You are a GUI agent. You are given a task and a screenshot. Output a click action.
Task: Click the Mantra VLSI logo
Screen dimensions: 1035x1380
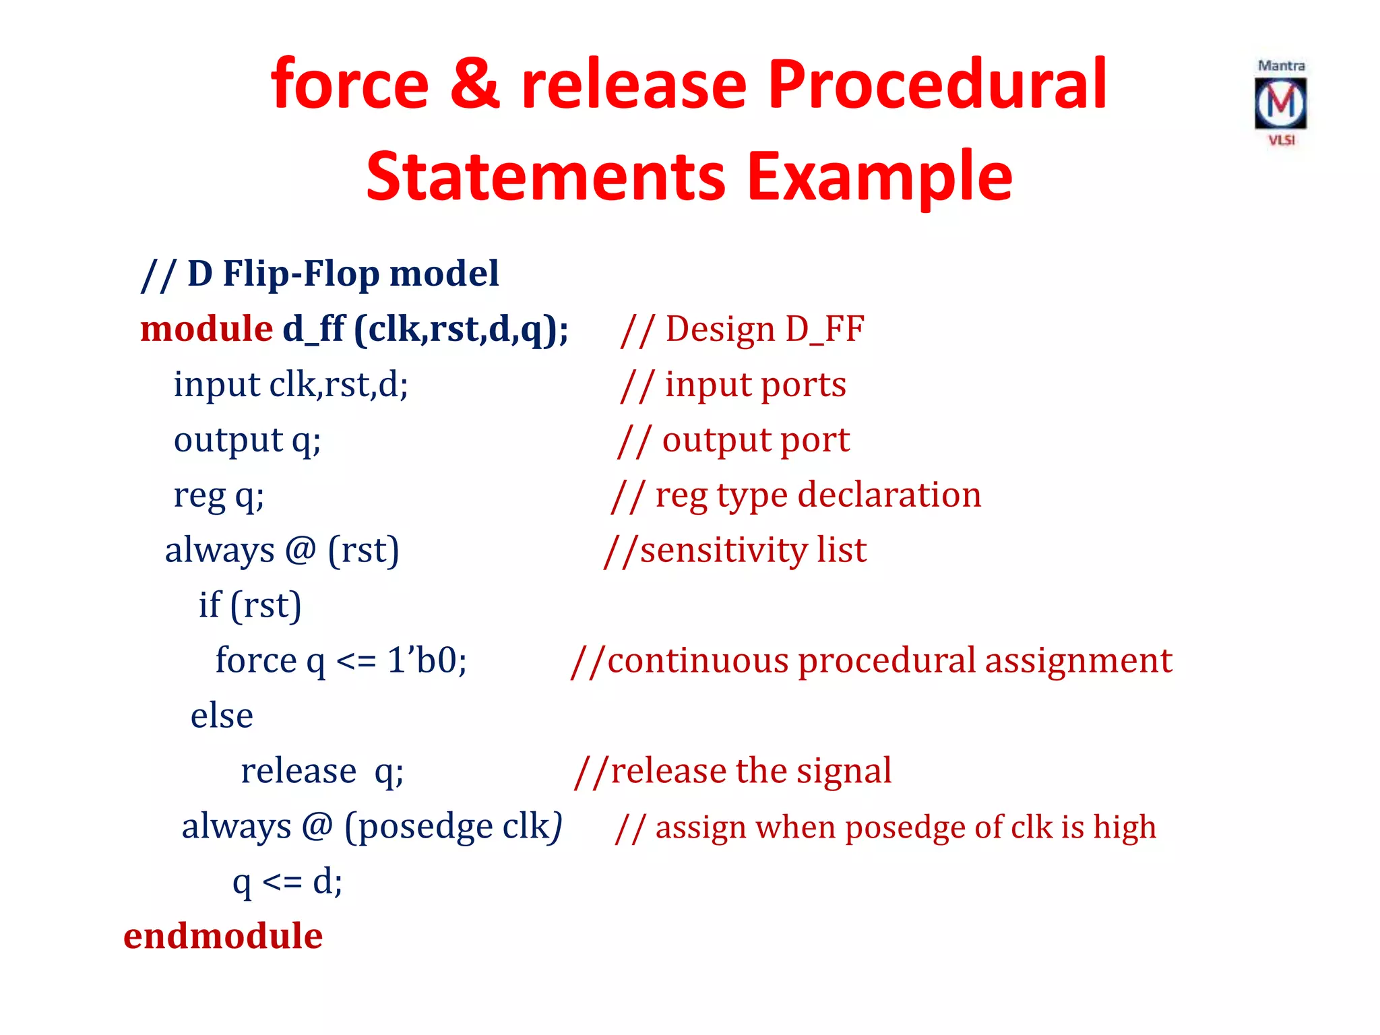click(x=1280, y=103)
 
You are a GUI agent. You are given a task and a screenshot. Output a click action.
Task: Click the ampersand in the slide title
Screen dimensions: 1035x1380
click(x=474, y=85)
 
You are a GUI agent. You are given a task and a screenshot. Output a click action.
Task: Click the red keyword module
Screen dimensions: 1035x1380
click(x=206, y=330)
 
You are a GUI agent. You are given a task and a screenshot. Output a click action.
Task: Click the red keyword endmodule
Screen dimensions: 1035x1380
click(x=223, y=936)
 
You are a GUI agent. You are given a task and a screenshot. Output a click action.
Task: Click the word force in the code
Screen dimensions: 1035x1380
click(x=255, y=660)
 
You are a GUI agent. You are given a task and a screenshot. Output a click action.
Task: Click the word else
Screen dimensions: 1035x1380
click(x=222, y=715)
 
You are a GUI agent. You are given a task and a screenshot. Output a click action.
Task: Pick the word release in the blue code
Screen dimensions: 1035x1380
click(x=298, y=770)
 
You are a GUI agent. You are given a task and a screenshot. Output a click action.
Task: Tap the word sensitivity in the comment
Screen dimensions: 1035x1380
click(x=723, y=550)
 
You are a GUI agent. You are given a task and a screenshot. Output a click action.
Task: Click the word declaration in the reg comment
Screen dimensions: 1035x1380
click(x=889, y=495)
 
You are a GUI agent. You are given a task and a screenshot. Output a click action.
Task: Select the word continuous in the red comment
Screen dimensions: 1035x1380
click(x=697, y=660)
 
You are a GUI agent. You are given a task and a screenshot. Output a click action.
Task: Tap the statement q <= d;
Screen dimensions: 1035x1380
click(x=288, y=881)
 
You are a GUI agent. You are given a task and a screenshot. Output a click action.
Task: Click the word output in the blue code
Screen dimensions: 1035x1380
click(x=228, y=440)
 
